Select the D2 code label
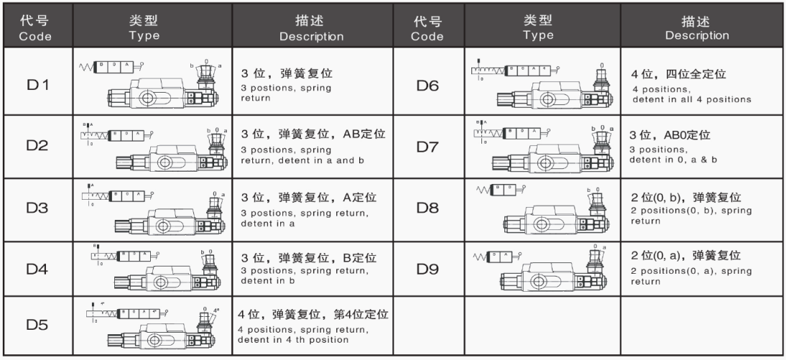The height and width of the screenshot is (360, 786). click(x=35, y=146)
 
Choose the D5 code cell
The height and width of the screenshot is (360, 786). click(x=35, y=325)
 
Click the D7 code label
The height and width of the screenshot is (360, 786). click(x=428, y=146)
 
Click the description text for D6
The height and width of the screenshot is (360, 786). click(x=690, y=85)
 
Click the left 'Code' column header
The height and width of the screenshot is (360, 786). click(x=35, y=29)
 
